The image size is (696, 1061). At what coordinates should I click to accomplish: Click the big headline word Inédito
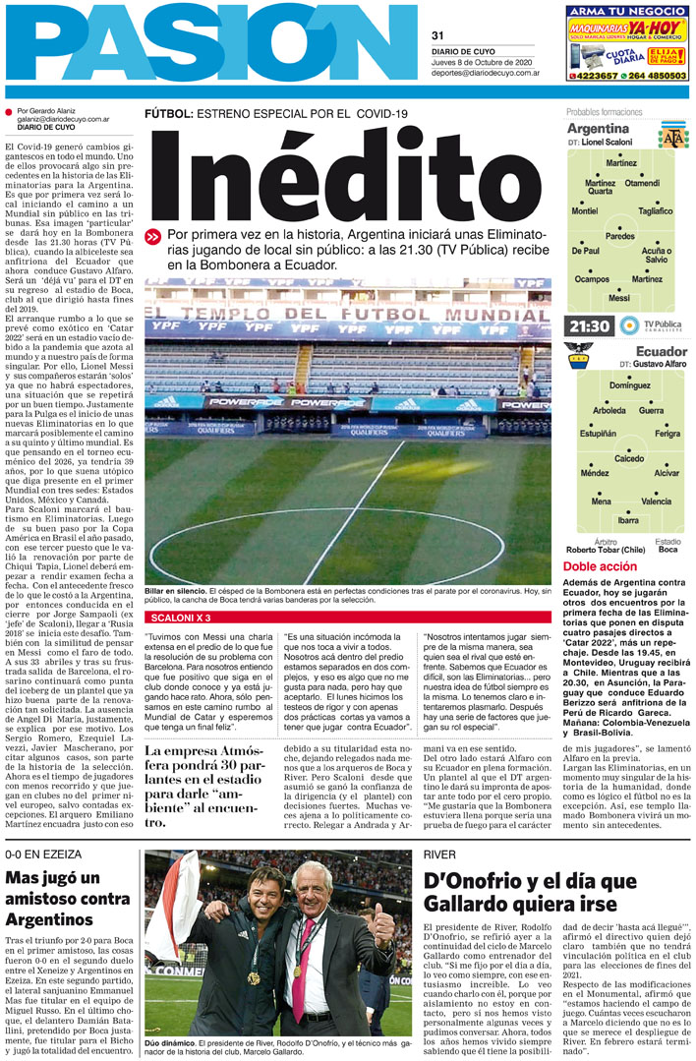tap(347, 175)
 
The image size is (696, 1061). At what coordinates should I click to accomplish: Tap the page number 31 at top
tap(437, 36)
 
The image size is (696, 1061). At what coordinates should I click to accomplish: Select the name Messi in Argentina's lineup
tap(619, 297)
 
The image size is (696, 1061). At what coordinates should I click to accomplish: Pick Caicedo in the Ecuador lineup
tap(629, 458)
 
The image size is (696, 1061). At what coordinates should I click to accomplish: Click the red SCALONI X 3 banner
tap(180, 617)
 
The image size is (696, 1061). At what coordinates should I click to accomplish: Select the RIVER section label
tap(439, 854)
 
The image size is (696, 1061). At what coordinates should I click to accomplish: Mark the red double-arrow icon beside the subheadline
tap(152, 236)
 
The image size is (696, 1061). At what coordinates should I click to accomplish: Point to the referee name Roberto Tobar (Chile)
tap(606, 551)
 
